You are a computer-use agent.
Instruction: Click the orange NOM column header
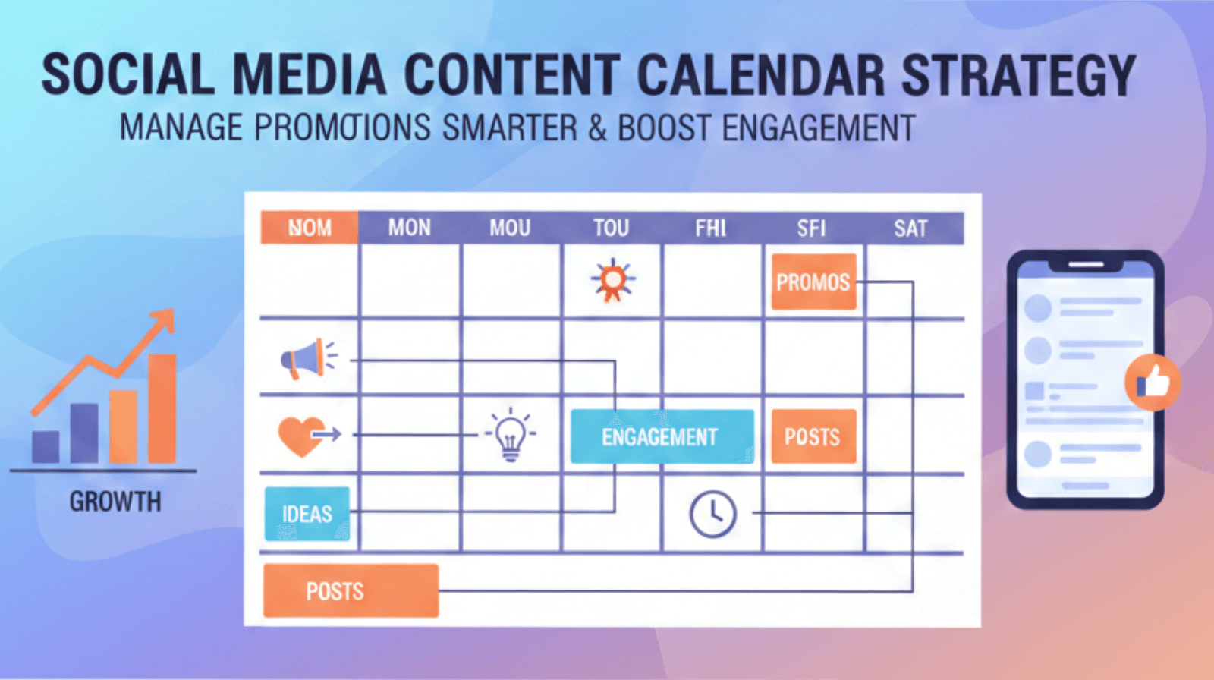309,228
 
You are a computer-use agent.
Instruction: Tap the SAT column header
910,228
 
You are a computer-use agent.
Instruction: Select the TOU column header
611,228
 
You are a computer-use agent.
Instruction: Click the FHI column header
710,228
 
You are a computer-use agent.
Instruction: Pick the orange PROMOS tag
813,282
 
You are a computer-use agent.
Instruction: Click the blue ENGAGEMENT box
661,436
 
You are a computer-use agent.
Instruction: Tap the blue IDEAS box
307,514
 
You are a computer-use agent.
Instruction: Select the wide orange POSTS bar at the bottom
351,590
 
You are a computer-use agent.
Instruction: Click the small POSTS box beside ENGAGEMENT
813,436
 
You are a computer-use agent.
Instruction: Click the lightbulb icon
511,436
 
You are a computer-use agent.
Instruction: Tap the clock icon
712,514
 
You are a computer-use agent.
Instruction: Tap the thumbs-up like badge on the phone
1153,382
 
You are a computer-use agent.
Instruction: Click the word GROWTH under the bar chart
115,502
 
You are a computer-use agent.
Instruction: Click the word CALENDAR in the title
760,76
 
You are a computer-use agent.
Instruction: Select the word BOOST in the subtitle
664,127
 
